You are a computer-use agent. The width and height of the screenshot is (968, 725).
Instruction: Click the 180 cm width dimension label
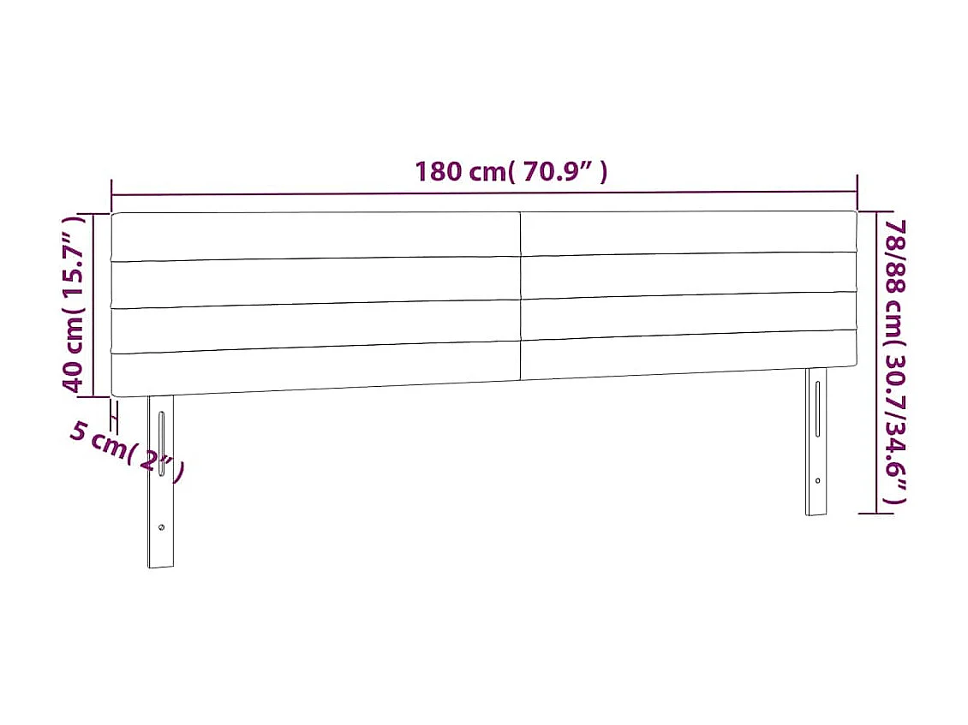[x=511, y=172]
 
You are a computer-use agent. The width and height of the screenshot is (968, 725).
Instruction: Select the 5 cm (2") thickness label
[x=127, y=452]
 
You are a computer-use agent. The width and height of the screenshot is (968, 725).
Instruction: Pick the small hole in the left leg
[x=161, y=527]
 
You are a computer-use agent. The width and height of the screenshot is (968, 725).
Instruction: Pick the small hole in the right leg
[x=817, y=480]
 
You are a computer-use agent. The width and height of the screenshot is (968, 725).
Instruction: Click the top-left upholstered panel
[x=315, y=235]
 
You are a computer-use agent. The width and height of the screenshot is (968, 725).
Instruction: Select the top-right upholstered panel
[x=688, y=232]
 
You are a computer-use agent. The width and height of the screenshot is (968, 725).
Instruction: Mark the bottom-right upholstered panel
[x=688, y=355]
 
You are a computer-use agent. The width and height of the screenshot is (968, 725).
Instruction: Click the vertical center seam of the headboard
[x=521, y=295]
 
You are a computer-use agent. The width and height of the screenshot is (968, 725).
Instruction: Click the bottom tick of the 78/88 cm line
[x=875, y=514]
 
